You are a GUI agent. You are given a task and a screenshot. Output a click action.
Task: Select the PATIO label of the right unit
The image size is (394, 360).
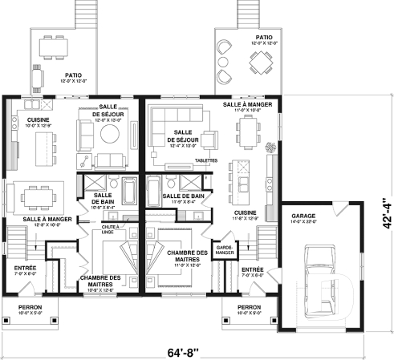click(263, 38)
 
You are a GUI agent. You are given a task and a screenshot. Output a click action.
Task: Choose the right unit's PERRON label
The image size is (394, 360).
click(249, 308)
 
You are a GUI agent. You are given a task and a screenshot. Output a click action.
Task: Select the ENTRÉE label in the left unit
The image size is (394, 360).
click(23, 269)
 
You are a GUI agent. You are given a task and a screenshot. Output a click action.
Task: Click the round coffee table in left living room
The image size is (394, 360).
click(108, 134)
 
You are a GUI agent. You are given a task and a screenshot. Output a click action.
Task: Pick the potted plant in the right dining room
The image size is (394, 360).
click(269, 146)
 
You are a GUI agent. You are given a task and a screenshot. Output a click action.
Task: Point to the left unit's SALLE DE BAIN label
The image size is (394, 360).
click(103, 200)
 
